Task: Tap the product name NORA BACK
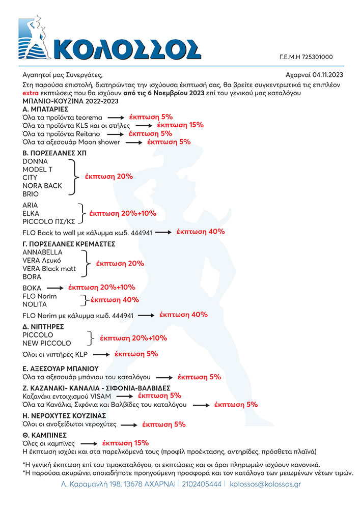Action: (x=42, y=186)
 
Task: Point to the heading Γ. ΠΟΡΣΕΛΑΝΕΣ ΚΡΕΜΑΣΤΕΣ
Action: (x=69, y=244)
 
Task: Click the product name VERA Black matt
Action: (x=49, y=268)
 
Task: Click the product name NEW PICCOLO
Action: (x=47, y=343)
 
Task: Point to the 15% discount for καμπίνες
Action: (x=125, y=443)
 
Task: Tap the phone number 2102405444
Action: (x=202, y=484)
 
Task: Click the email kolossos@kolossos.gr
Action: (x=265, y=484)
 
